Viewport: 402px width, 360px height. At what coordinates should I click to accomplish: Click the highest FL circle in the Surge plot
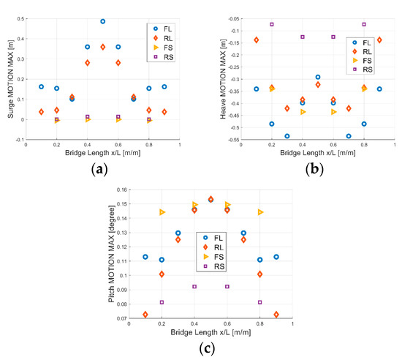click(x=102, y=21)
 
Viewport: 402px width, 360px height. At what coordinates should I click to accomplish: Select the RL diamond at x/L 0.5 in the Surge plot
click(x=102, y=47)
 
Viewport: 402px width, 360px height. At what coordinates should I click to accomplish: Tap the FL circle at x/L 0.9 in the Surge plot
click(x=164, y=86)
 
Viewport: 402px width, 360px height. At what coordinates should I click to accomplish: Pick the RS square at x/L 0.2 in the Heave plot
click(x=272, y=24)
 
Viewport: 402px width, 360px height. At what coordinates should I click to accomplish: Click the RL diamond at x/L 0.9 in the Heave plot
click(x=379, y=40)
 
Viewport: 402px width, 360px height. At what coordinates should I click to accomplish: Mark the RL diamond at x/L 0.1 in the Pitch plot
click(x=145, y=315)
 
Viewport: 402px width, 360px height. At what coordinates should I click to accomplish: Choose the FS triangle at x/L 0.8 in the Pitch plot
click(x=260, y=212)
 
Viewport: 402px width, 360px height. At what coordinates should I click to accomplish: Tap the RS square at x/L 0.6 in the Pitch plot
click(x=227, y=286)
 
